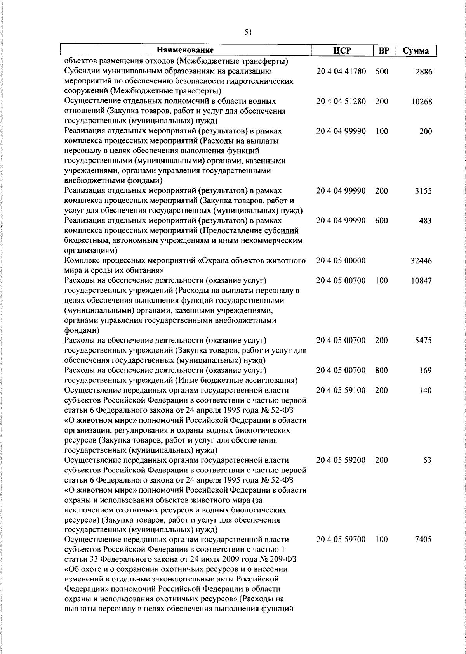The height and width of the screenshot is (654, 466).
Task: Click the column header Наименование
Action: (x=186, y=50)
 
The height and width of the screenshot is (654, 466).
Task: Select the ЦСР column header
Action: (x=341, y=51)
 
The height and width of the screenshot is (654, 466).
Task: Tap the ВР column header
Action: (x=384, y=51)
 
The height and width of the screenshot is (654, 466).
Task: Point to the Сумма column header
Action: (x=416, y=51)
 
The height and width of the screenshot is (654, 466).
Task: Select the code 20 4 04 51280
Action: (x=341, y=102)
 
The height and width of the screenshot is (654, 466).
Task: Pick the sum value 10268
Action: (x=422, y=102)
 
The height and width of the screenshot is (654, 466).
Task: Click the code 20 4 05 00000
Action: (x=341, y=261)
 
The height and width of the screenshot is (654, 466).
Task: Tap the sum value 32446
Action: (x=421, y=261)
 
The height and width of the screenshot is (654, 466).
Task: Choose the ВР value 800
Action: (x=382, y=370)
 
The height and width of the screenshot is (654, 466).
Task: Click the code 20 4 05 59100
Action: (x=341, y=390)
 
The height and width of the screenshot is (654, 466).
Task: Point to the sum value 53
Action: (x=428, y=460)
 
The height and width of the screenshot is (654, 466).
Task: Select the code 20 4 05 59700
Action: (x=341, y=540)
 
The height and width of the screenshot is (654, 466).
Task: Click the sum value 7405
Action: (x=423, y=540)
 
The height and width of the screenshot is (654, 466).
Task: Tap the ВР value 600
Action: (x=382, y=221)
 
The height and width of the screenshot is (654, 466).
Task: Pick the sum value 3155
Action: (x=424, y=191)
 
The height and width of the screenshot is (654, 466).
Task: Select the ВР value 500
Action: (x=382, y=72)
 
